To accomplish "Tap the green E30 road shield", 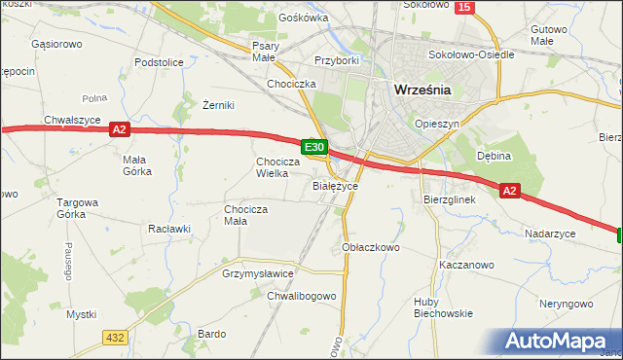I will click(x=313, y=147).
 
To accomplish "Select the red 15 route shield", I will click(x=465, y=7).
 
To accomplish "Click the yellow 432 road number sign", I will click(x=114, y=337).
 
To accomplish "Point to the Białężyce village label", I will click(x=336, y=185).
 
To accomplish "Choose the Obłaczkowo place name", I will click(x=372, y=247).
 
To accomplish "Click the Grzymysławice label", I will click(x=258, y=274).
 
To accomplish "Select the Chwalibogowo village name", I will click(x=302, y=296).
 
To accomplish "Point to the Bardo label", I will click(x=211, y=334).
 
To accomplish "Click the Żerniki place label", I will click(x=219, y=105).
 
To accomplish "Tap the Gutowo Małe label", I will click(x=549, y=36).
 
